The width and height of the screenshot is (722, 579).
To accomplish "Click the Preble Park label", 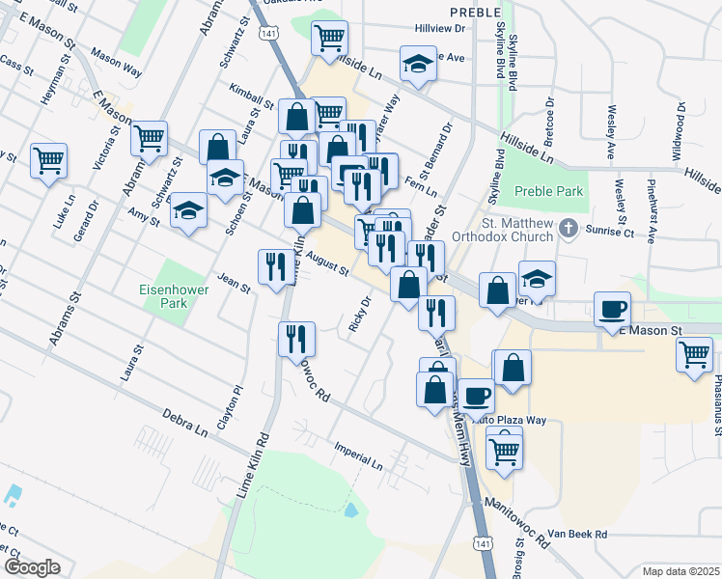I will pyautogui.click(x=549, y=191).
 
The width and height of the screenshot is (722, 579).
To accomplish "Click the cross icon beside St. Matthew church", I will pyautogui.click(x=569, y=229).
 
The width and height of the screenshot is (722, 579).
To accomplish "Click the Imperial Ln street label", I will pyautogui.click(x=358, y=457).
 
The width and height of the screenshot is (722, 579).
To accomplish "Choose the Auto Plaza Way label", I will pyautogui.click(x=510, y=421).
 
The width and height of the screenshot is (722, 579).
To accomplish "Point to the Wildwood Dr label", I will pyautogui.click(x=680, y=134).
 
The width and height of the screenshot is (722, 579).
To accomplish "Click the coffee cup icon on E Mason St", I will pyautogui.click(x=612, y=309).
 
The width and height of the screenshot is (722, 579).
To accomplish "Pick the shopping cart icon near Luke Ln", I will pyautogui.click(x=48, y=159).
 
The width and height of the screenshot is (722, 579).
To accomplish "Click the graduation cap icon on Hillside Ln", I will pyautogui.click(x=418, y=66).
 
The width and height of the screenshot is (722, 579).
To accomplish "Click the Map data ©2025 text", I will pyautogui.click(x=680, y=571).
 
